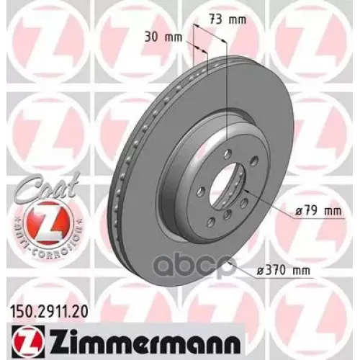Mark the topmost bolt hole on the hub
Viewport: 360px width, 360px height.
point(225,152)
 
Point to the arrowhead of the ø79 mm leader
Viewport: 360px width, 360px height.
point(246,192)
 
